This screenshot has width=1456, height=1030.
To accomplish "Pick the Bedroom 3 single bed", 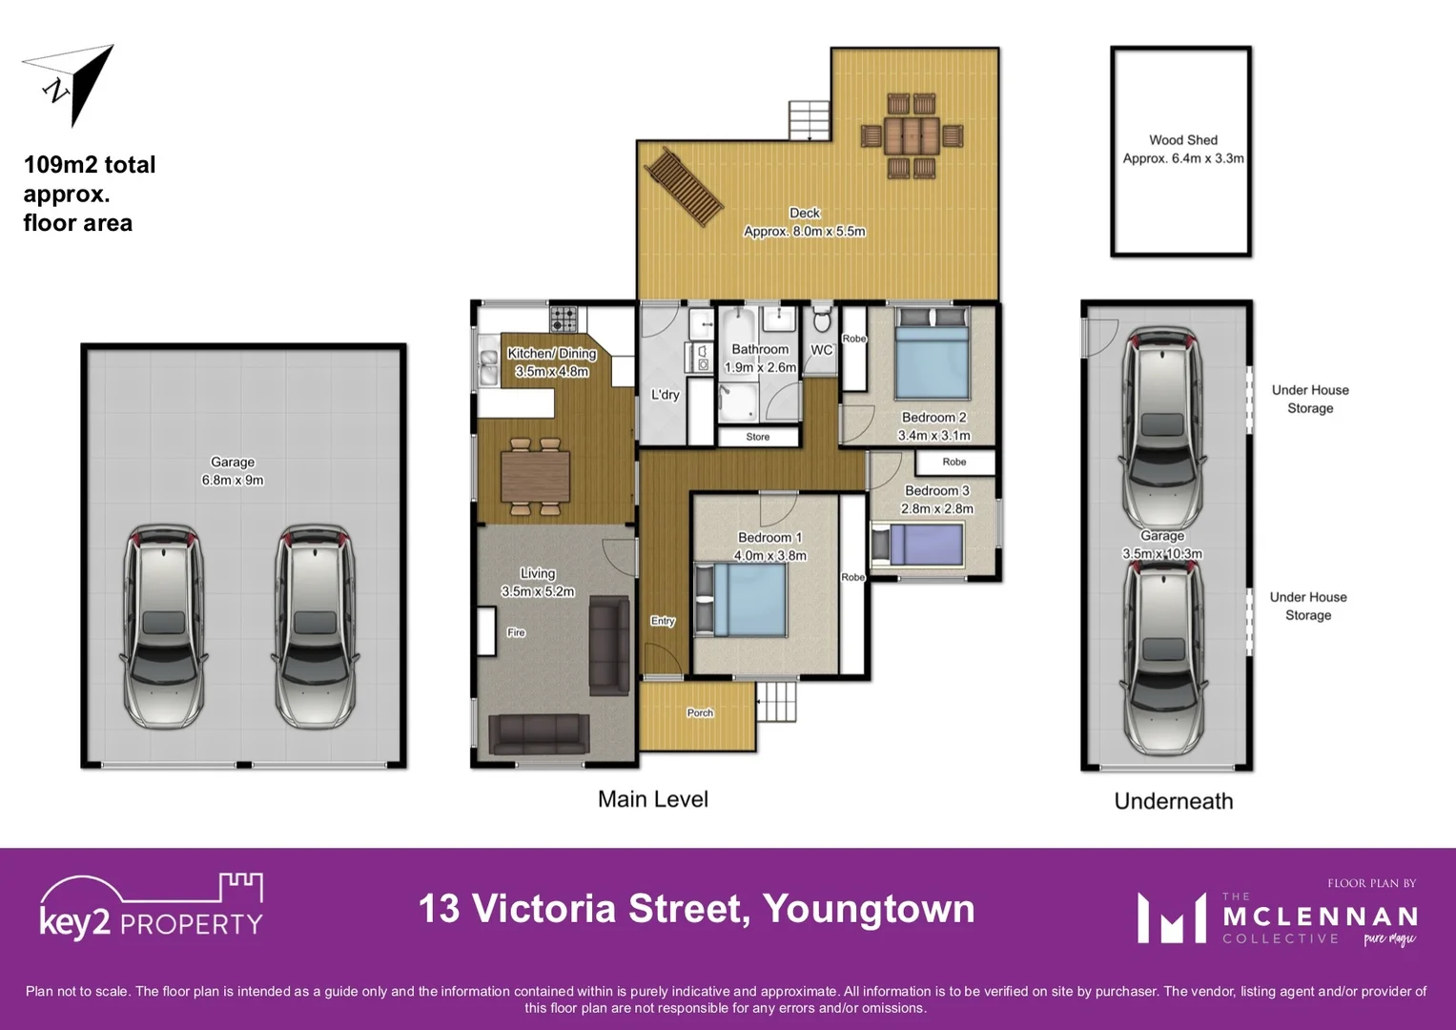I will pos(917,545).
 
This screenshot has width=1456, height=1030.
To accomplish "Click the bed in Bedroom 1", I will pos(741,599).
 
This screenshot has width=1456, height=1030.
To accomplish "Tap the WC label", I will pos(821,350).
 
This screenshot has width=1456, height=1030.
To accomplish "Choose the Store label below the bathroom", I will pos(758,437).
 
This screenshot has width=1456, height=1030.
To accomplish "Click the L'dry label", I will pos(665,395).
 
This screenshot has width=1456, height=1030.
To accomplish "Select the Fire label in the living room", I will pos(516,632).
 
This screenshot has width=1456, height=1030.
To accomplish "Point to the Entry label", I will pos(663,621).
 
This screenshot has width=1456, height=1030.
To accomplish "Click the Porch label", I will pos(700,712).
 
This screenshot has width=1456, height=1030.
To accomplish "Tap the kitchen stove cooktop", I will pos(564,317).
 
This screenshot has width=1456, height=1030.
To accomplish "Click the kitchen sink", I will pos(489,368).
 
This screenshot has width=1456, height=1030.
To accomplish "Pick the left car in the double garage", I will pos(164,625).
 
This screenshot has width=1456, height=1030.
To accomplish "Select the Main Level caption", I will pos(652,799).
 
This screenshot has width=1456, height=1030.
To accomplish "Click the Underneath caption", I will pos(1173,801).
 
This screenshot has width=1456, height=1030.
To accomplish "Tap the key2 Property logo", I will pos(151,907).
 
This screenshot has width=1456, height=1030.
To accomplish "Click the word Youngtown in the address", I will pos(869,908).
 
